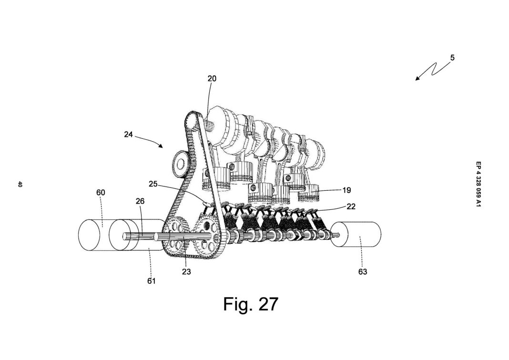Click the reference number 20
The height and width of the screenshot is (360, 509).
[x=212, y=79]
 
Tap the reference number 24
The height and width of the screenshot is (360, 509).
[x=128, y=134]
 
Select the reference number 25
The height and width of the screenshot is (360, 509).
[x=153, y=184]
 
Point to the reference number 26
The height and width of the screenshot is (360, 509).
[x=140, y=201]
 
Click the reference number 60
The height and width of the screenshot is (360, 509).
[x=101, y=193]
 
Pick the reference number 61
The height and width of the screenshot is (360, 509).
[x=152, y=281]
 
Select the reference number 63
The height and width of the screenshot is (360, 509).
[x=363, y=272]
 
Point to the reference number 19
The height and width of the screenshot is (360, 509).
[x=346, y=190]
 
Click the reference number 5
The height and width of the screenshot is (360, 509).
[x=452, y=58]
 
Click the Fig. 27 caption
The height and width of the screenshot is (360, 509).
[x=250, y=304]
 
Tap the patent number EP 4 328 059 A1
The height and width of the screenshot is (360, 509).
[x=478, y=184]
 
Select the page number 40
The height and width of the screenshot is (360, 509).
[x=20, y=184]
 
